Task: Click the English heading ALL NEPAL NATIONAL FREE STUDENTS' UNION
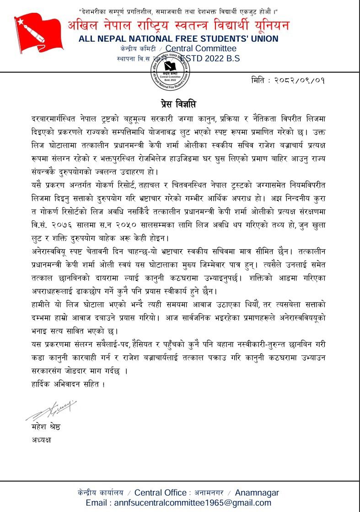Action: pyautogui.click(x=178, y=39)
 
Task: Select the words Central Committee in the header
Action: pyautogui.click(x=201, y=49)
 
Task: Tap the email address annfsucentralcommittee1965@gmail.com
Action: pyautogui.click(x=178, y=502)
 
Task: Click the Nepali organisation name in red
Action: pyautogui.click(x=178, y=26)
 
